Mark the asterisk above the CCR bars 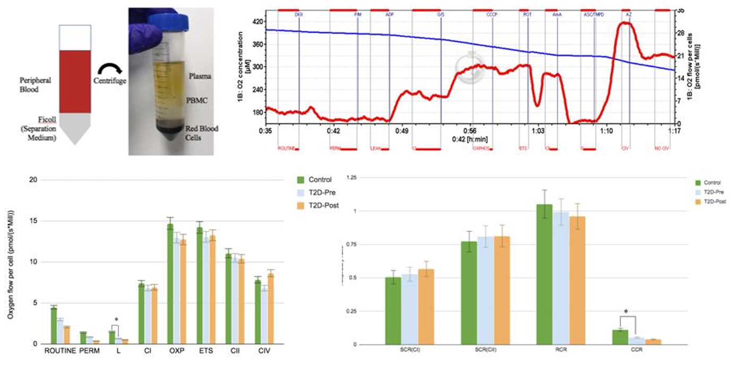(x=626, y=312)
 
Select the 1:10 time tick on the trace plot (x=606, y=129)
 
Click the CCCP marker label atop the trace (x=491, y=15)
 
